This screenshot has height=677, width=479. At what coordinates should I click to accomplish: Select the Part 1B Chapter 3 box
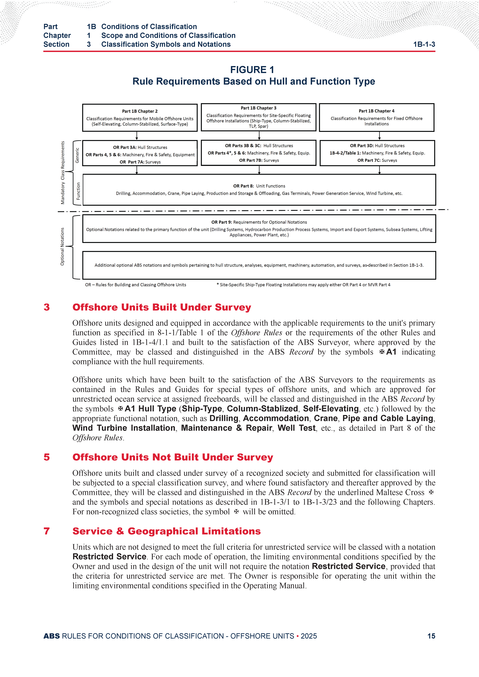tap(259, 117)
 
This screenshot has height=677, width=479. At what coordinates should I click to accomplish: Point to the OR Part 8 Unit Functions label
tap(259, 186)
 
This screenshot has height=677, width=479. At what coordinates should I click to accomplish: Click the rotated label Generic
tap(77, 155)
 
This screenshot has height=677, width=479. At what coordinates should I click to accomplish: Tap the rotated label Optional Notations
tap(62, 246)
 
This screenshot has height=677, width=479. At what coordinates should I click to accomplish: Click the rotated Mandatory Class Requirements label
tap(63, 172)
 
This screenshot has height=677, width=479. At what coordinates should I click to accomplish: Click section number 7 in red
tap(47, 531)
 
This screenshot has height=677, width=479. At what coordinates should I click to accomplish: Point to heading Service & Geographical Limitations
tap(166, 531)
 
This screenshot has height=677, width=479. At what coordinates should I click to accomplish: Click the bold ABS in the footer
tap(52, 636)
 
